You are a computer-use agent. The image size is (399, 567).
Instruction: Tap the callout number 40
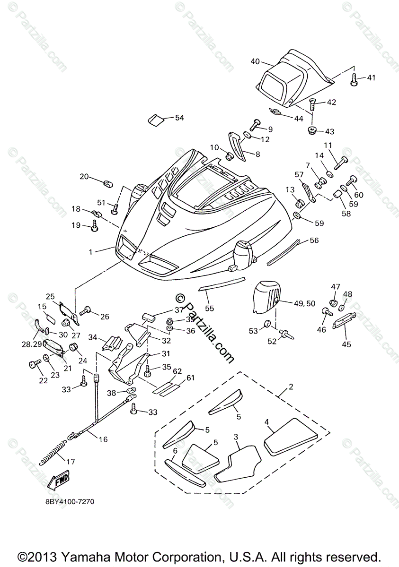coord(255,61)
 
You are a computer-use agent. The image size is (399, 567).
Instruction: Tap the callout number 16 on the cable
coord(103,439)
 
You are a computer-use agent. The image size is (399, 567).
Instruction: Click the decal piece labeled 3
coord(238,464)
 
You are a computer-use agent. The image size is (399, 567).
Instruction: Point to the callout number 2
coord(291,387)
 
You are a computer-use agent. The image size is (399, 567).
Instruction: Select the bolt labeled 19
coord(94,228)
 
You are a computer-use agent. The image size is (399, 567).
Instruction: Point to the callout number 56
coord(314,240)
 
